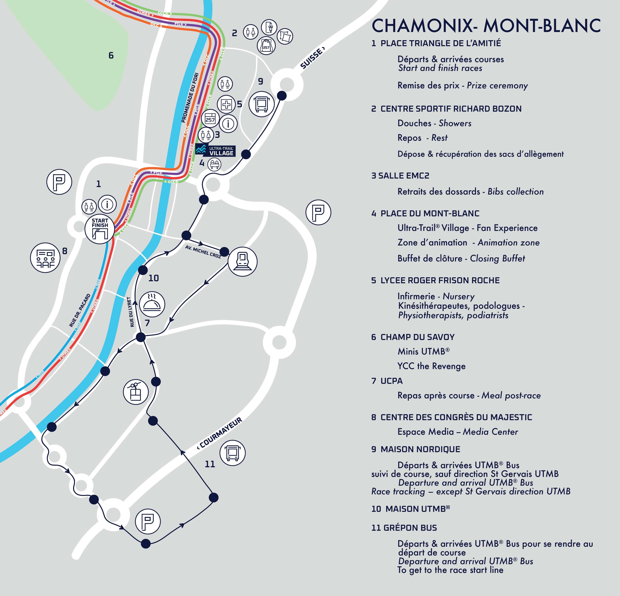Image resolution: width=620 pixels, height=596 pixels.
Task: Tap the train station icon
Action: [242, 262]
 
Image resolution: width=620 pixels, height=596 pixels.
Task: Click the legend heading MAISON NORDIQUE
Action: [416, 449]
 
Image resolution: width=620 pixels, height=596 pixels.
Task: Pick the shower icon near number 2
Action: [269, 27]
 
